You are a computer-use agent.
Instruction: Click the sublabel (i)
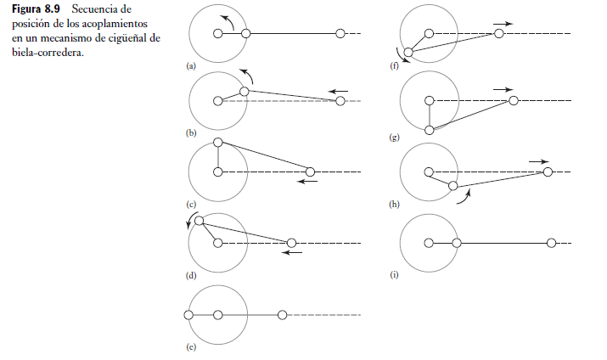(394, 275)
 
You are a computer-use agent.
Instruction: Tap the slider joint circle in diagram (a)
(340, 33)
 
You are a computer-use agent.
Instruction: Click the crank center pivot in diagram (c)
(218, 172)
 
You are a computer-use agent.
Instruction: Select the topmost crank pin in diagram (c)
(218, 142)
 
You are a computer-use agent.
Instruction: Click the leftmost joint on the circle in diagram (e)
(188, 315)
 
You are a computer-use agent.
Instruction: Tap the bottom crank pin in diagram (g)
(430, 130)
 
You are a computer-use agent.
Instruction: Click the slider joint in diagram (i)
(552, 243)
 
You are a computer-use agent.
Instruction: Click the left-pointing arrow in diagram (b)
(340, 90)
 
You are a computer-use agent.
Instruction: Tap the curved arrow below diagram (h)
(464, 198)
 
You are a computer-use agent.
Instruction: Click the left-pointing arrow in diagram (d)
(293, 252)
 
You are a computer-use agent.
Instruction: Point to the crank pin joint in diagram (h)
(453, 185)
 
